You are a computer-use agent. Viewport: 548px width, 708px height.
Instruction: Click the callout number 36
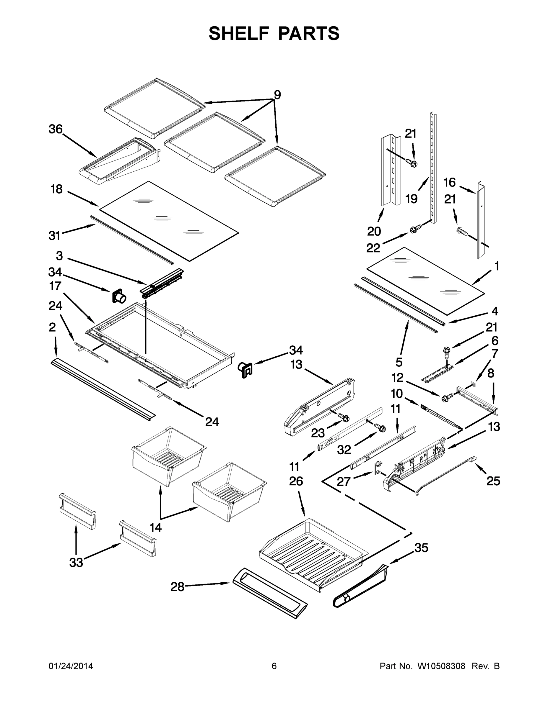pos(56,129)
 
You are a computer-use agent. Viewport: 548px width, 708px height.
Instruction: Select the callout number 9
pos(277,95)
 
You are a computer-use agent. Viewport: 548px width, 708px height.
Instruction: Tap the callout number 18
pos(56,189)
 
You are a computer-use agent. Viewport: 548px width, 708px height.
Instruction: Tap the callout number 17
pos(55,286)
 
